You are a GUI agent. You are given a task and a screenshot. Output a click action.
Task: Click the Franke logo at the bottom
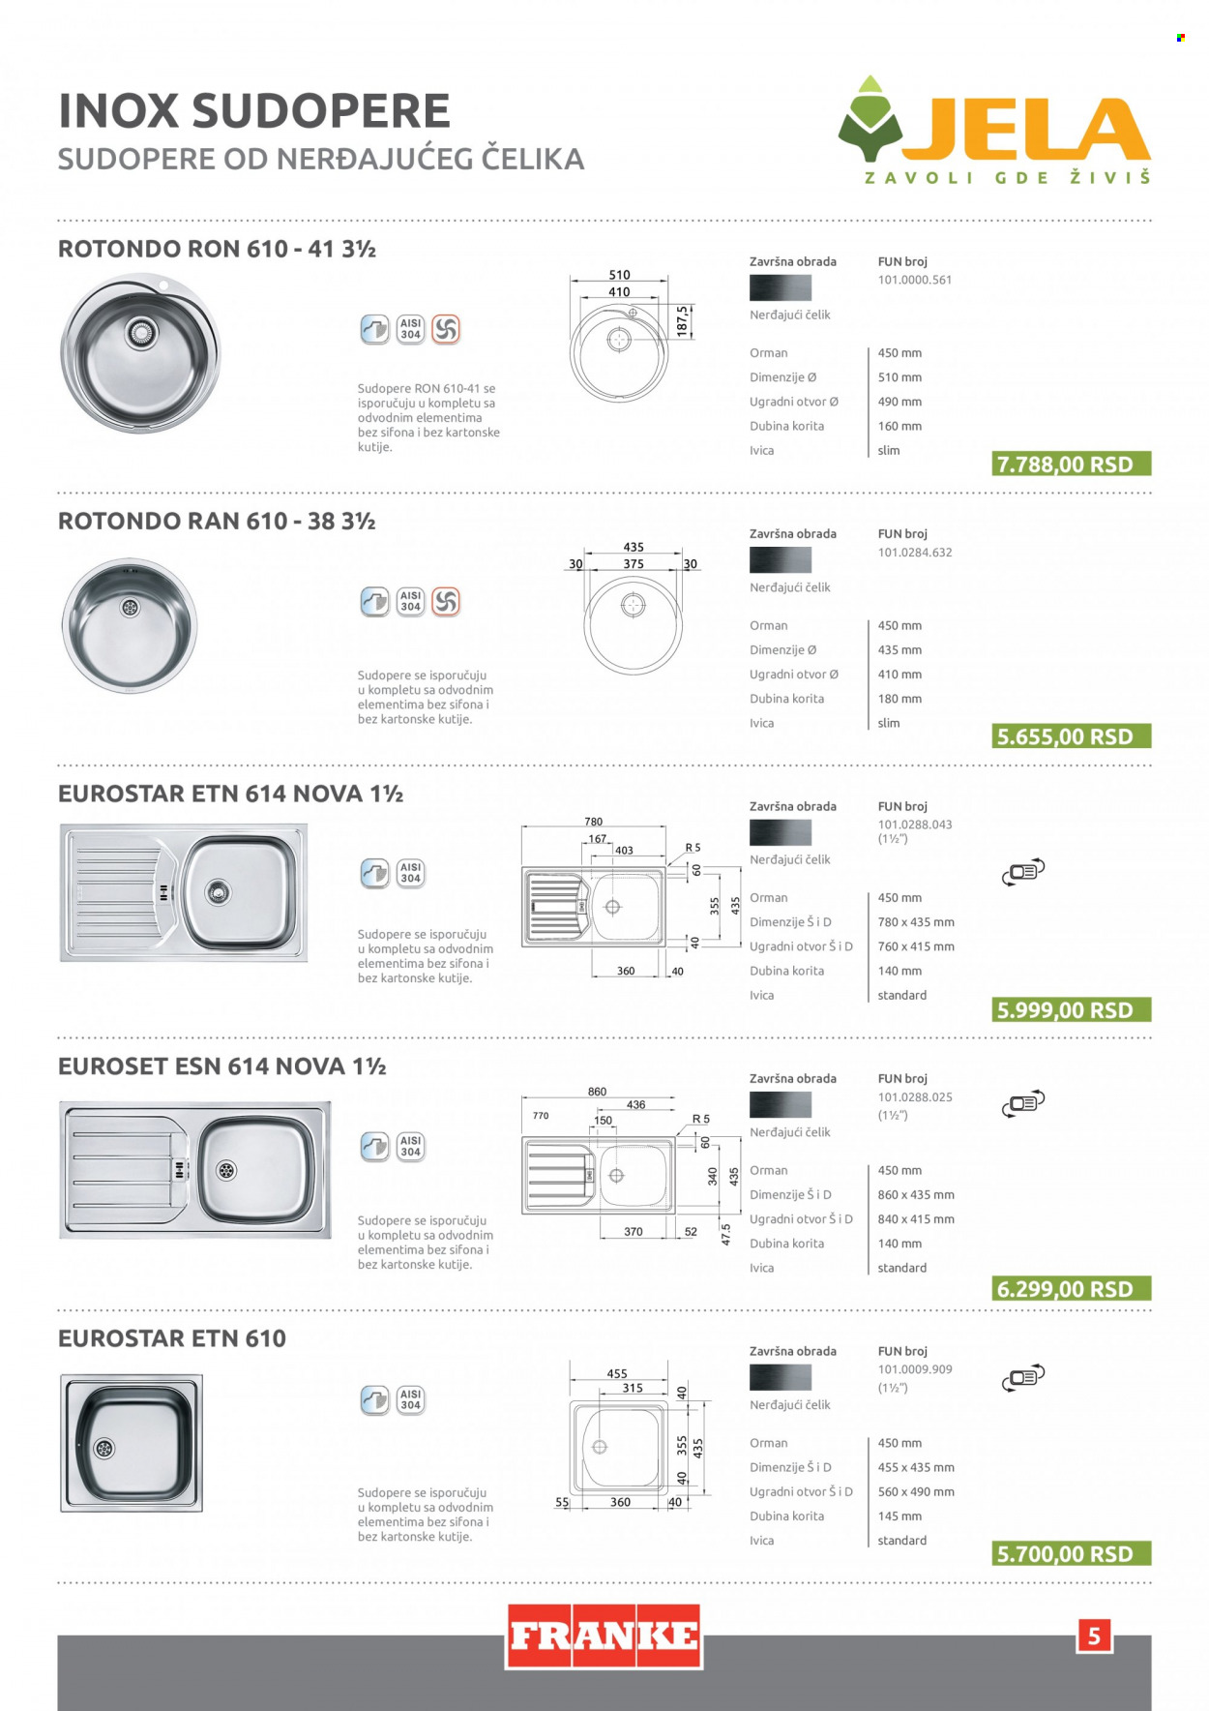click(604, 1636)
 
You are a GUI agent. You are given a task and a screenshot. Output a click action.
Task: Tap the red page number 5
click(1094, 1636)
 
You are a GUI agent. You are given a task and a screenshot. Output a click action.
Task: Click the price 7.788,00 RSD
click(1072, 465)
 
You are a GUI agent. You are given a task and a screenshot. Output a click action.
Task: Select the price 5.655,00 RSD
click(1072, 736)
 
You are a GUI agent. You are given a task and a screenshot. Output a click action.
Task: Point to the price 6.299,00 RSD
click(1072, 1289)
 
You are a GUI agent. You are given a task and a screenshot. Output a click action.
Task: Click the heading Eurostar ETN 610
click(172, 1338)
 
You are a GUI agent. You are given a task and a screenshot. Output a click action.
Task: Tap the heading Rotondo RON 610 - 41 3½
click(217, 249)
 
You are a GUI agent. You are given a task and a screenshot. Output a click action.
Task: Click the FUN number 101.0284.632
click(915, 553)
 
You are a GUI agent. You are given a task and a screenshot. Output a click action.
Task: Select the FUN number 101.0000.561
click(915, 280)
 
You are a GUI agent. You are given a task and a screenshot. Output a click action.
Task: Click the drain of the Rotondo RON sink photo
click(141, 332)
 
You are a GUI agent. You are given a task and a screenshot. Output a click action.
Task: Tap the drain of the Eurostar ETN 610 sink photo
click(103, 1449)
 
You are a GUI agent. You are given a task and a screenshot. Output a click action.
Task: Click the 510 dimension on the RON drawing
click(619, 275)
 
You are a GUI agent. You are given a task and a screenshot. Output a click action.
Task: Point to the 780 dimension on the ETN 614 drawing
click(593, 822)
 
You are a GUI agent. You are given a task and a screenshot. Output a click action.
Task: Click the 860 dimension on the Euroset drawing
click(597, 1092)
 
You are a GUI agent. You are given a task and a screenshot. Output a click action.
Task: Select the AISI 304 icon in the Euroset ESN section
click(410, 1147)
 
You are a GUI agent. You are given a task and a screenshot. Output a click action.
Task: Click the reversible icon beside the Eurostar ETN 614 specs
click(1023, 871)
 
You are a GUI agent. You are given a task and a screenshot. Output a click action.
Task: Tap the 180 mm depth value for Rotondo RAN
click(899, 699)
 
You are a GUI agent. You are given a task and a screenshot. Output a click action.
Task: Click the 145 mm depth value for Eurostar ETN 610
click(899, 1516)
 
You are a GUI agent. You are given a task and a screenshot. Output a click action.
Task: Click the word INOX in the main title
click(119, 110)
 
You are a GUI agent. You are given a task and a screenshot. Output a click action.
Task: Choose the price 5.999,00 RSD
click(1072, 1010)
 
